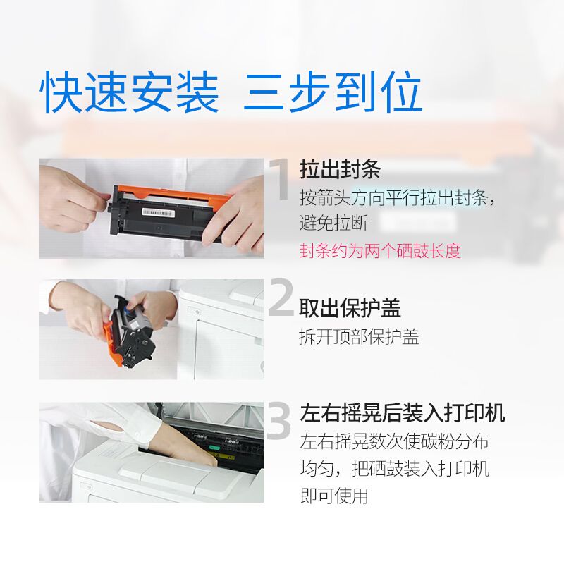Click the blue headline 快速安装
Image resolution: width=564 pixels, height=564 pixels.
(129, 92)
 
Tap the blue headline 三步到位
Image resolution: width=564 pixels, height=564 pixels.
(333, 92)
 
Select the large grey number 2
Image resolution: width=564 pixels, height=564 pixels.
(281, 297)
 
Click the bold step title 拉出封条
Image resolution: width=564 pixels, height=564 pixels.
(340, 168)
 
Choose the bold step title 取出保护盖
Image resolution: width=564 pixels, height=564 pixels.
(350, 308)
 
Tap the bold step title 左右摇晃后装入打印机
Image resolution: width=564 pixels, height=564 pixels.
(402, 412)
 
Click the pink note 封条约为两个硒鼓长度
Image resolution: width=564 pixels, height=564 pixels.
(380, 250)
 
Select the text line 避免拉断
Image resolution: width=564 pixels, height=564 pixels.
(333, 223)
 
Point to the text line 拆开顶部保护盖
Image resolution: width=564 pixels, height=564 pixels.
(359, 337)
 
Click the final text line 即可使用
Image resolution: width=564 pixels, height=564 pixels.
(334, 496)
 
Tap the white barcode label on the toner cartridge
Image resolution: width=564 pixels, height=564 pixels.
(158, 213)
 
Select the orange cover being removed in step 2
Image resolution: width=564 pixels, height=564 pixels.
(114, 345)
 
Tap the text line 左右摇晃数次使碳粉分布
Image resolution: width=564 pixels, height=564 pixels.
(395, 441)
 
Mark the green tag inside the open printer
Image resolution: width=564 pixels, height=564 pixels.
(214, 448)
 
